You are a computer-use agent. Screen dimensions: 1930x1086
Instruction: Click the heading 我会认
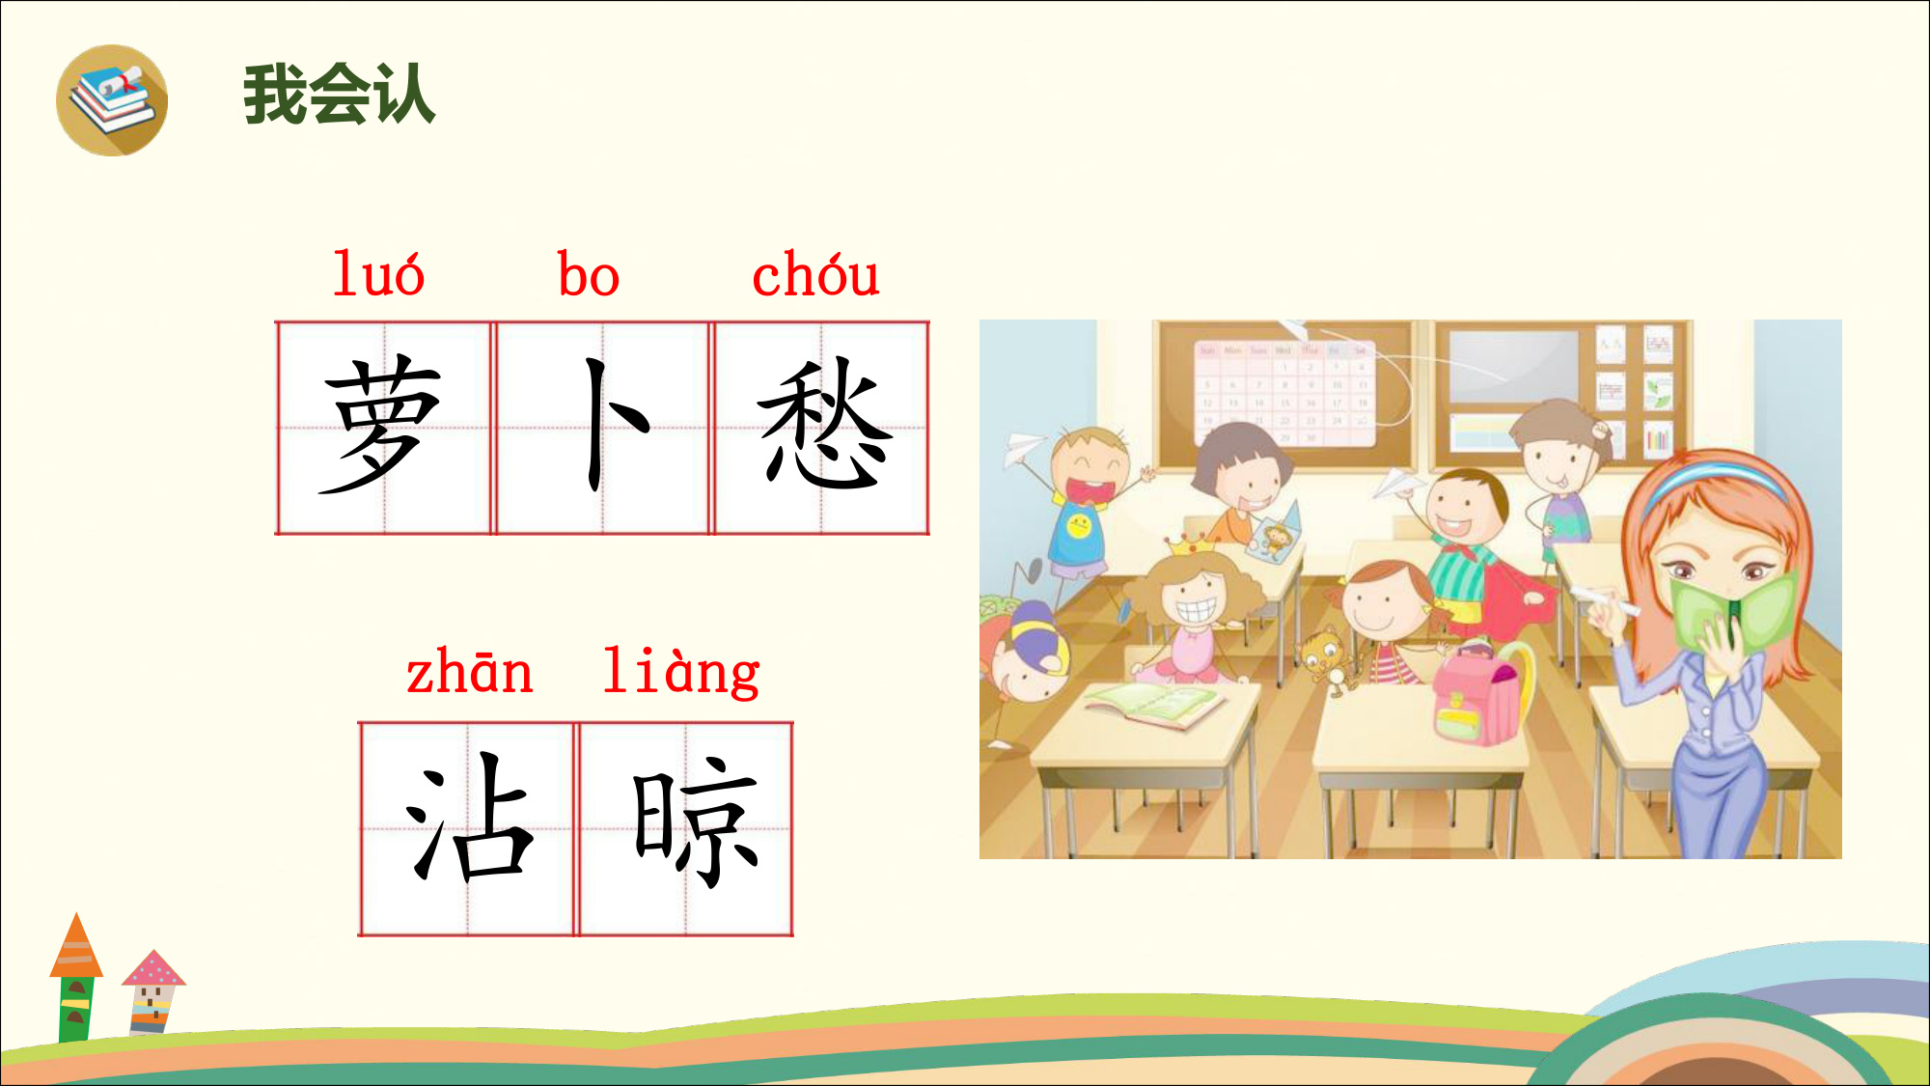tap(339, 95)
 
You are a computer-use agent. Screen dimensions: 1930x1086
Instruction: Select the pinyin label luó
tap(378, 274)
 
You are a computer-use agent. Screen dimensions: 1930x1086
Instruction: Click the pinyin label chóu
tap(815, 274)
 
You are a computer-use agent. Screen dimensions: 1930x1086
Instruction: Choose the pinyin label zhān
tap(469, 673)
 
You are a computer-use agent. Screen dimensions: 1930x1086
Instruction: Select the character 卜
tap(614, 424)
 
